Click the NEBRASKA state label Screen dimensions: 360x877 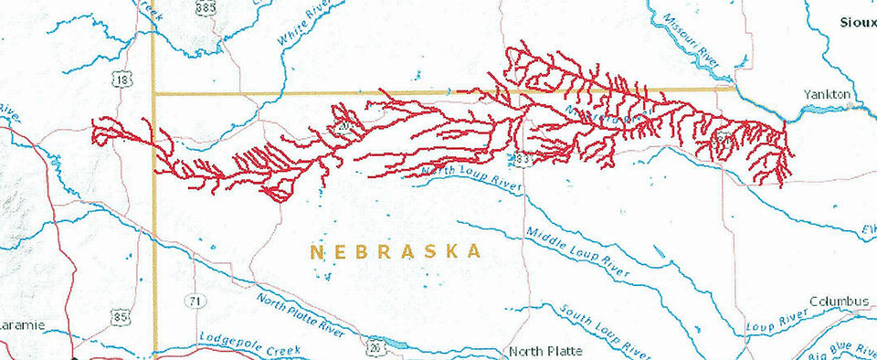pos(395,251)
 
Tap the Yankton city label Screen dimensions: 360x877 pos(827,95)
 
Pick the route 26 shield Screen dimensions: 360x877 pos(375,346)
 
